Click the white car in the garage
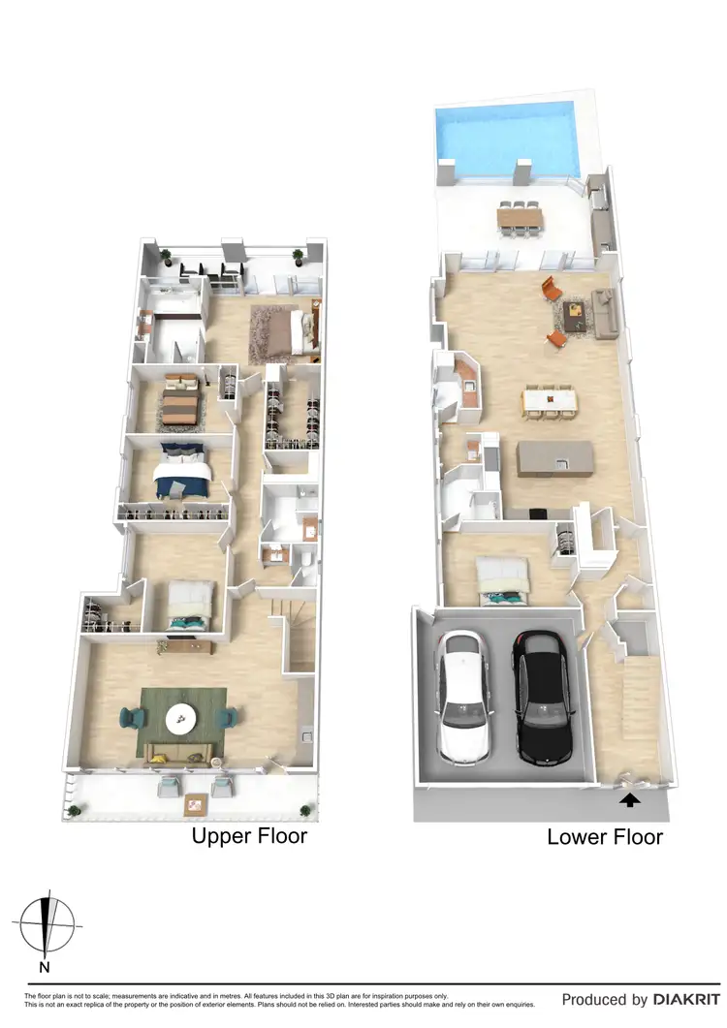466,695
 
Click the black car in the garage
540,695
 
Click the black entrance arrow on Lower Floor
630,799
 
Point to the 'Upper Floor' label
249,835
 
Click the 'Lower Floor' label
605,836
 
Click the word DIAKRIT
687,999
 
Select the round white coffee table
182,718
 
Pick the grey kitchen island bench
554,456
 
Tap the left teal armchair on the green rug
130,718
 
